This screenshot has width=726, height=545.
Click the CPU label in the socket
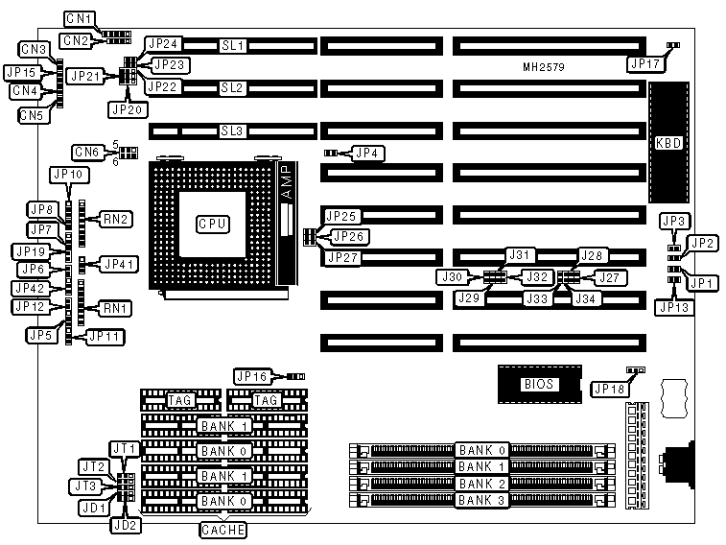pos(211,224)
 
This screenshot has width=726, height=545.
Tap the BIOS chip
pos(537,384)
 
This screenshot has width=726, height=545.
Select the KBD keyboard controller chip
pos(667,142)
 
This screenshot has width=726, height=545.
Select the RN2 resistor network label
pos(118,219)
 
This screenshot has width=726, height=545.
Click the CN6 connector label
pos(87,152)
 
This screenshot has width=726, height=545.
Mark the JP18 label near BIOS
pos(610,389)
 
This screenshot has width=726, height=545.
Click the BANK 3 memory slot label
pos(481,501)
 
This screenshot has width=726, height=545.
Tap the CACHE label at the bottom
pos(223,530)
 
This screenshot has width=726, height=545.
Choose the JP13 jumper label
pos(672,307)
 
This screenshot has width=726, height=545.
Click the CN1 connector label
pos(78,18)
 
